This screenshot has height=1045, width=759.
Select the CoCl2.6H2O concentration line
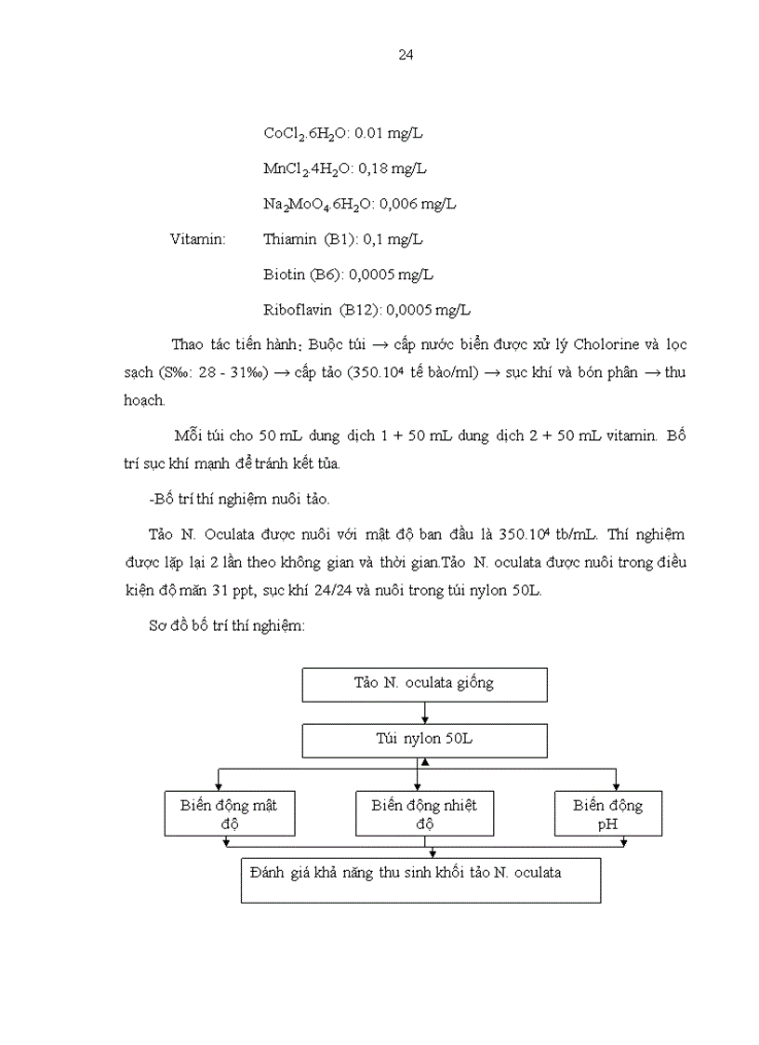[343, 134]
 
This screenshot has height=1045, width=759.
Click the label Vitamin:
[198, 239]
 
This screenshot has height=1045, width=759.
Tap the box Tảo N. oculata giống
[423, 684]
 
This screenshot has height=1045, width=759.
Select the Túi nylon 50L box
[423, 741]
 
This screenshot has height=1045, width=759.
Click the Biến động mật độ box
[229, 813]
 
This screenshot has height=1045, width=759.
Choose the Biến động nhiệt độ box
[423, 813]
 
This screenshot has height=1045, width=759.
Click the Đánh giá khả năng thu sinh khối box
[420, 879]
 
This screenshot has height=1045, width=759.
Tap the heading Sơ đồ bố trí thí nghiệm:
[226, 627]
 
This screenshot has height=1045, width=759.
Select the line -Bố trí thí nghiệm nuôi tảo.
[239, 499]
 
